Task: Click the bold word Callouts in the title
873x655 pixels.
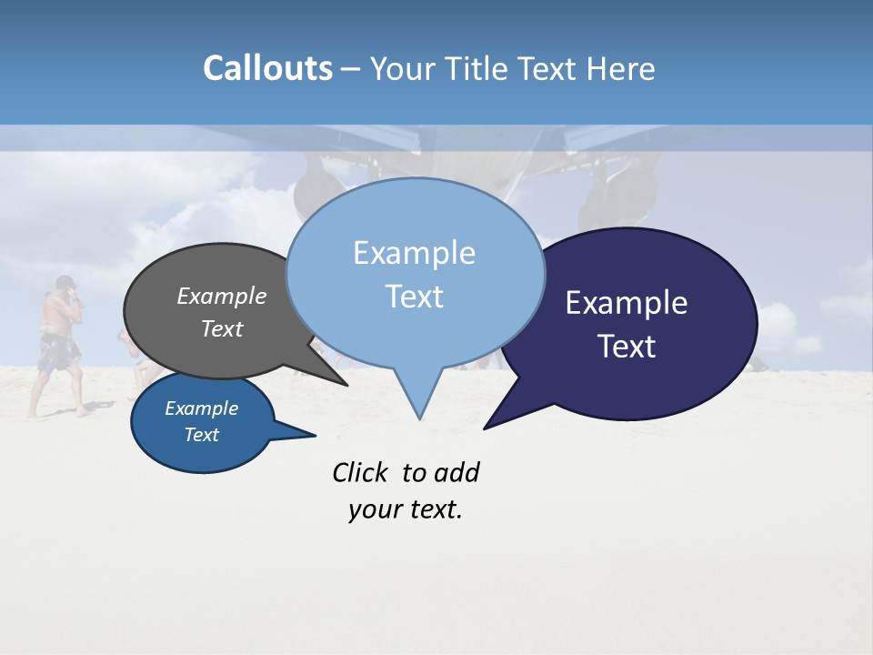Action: [x=267, y=68]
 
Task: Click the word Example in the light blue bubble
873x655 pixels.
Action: [x=414, y=253]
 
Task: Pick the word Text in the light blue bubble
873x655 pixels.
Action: [x=414, y=297]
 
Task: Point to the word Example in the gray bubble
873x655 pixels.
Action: [x=222, y=296]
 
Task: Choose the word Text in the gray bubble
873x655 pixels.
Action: [x=222, y=328]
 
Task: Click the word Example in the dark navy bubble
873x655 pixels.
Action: [x=627, y=303]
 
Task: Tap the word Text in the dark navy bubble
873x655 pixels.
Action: [x=627, y=347]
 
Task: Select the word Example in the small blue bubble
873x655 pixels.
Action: [x=201, y=408]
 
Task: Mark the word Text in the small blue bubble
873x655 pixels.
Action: [x=201, y=435]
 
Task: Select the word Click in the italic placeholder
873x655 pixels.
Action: [x=359, y=473]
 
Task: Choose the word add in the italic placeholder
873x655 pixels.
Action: [x=457, y=473]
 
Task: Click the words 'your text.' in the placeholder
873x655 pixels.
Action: [x=406, y=509]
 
